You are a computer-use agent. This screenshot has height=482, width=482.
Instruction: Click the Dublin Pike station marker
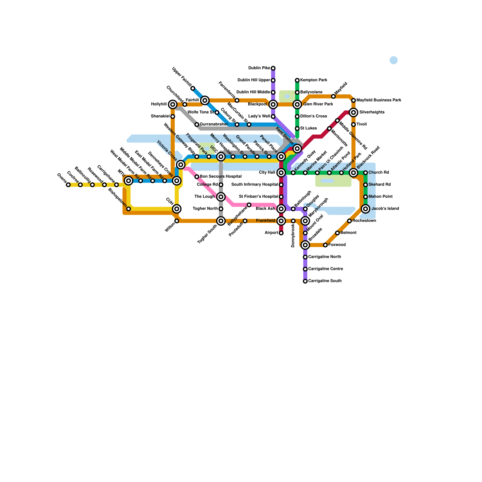coord(273,68)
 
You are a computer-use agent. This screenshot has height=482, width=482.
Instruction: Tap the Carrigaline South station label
coord(325,281)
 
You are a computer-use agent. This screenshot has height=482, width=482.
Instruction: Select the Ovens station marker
coord(68,185)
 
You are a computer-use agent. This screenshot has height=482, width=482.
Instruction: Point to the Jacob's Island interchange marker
coord(365,209)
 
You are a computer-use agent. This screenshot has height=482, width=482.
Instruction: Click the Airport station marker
coord(281,233)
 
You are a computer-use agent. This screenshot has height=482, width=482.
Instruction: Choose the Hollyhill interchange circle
coord(173,105)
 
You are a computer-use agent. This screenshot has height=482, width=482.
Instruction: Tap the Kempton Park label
coord(314,80)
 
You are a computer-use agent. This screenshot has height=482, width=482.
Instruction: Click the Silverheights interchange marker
coord(353,112)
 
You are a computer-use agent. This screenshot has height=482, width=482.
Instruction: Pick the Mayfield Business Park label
coord(379,100)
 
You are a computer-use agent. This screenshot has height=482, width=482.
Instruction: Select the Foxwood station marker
coord(325,245)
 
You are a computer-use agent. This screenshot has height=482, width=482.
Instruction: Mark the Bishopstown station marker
coord(129,209)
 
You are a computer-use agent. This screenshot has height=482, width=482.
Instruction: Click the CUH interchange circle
coord(177,209)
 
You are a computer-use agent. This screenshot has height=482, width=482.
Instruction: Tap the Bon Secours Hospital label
coord(221,177)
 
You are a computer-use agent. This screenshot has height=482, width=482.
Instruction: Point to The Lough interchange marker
coord(221,197)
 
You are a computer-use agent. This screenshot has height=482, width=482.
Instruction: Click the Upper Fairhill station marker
coord(193,88)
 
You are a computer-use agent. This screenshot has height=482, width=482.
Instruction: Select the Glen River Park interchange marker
coord(297,105)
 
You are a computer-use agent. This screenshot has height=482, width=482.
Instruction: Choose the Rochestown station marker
coord(349,221)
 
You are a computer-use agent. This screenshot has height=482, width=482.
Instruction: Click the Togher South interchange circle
coord(221,221)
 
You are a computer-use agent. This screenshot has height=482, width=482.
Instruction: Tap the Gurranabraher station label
coord(214,124)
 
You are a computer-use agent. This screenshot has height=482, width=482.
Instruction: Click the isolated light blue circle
coord(393,60)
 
